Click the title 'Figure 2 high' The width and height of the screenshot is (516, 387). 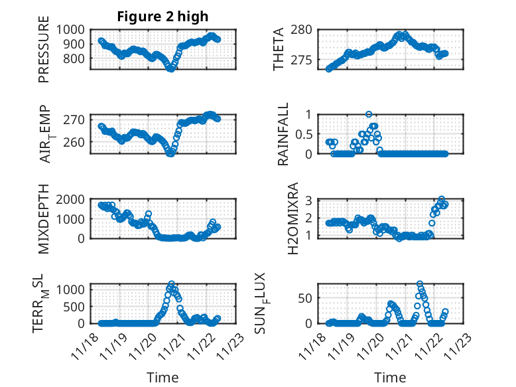coord(162,17)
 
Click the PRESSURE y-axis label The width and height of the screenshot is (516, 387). coord(44,54)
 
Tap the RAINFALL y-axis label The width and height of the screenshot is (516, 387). coord(283,134)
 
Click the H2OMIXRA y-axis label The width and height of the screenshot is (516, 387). coord(283,218)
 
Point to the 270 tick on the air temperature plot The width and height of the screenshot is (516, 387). coord(76,119)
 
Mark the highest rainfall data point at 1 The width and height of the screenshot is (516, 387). coord(369,114)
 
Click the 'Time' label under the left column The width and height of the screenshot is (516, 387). coord(162,378)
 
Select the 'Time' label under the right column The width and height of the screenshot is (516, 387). coord(390,378)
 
